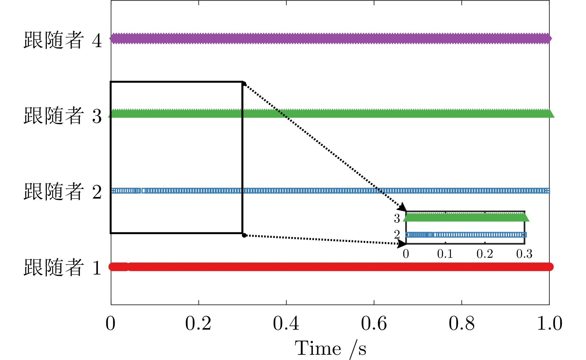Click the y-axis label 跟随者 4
pos(63,40)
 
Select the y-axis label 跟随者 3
pos(63,116)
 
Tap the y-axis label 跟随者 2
pos(63,191)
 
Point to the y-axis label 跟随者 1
pos(63,267)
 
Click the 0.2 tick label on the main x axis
pos(198,324)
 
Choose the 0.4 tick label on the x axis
pos(286,324)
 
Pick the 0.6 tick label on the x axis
pos(374,324)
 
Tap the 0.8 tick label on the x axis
pos(462,324)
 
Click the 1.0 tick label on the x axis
pos(549,324)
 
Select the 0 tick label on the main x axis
pos(111,324)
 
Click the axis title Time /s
pos(331,349)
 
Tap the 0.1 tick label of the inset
pos(445,254)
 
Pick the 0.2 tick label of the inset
pos(485,254)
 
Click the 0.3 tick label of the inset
pos(524,254)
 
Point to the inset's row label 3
pos(397,218)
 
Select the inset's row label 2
pos(397,235)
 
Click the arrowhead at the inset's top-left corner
pos(403,207)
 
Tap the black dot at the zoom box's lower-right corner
pos(244,235)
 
